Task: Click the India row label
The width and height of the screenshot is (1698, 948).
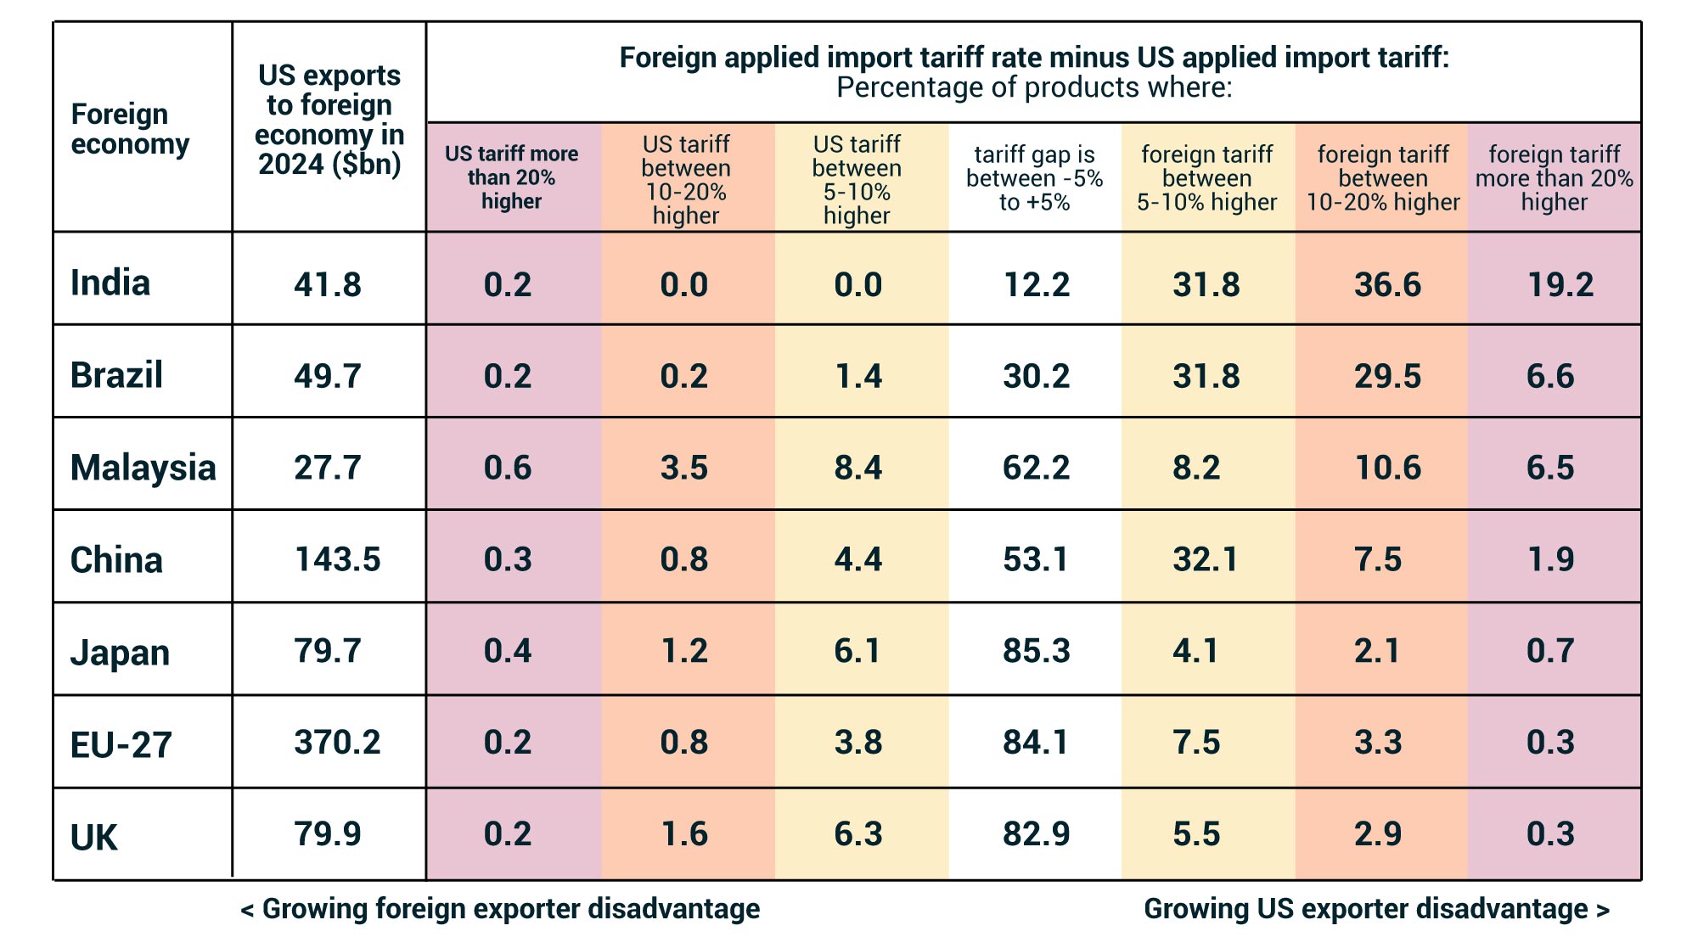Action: [110, 283]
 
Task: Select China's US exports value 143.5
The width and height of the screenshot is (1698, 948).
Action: [337, 559]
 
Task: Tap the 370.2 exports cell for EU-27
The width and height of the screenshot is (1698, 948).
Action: [337, 743]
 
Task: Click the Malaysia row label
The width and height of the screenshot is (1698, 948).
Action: [143, 468]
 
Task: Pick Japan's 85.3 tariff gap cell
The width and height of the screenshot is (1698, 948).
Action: [1036, 651]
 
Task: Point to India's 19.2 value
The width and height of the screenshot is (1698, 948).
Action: [1560, 284]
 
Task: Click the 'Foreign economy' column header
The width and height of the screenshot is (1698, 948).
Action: [130, 129]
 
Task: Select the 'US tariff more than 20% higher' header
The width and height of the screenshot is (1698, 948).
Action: [511, 177]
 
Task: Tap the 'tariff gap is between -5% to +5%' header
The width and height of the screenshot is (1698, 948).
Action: [1034, 178]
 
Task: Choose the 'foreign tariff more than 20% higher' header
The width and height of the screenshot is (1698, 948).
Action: [1554, 178]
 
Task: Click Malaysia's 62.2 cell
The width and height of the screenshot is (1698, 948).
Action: [1036, 468]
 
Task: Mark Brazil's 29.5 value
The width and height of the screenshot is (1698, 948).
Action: [1386, 376]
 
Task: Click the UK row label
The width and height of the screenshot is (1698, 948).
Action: [93, 838]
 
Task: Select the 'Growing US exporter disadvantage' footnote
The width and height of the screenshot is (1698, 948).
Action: [1375, 909]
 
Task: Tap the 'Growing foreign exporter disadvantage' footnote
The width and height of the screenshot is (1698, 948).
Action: [501, 909]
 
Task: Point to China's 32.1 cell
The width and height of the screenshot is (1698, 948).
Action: [1206, 559]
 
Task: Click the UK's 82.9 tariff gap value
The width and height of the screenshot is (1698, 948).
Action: [1036, 834]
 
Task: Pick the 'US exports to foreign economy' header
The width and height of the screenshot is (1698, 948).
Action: [329, 120]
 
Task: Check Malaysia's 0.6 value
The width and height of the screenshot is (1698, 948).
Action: [507, 468]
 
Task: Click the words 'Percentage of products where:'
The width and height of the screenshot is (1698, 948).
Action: [1033, 87]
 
